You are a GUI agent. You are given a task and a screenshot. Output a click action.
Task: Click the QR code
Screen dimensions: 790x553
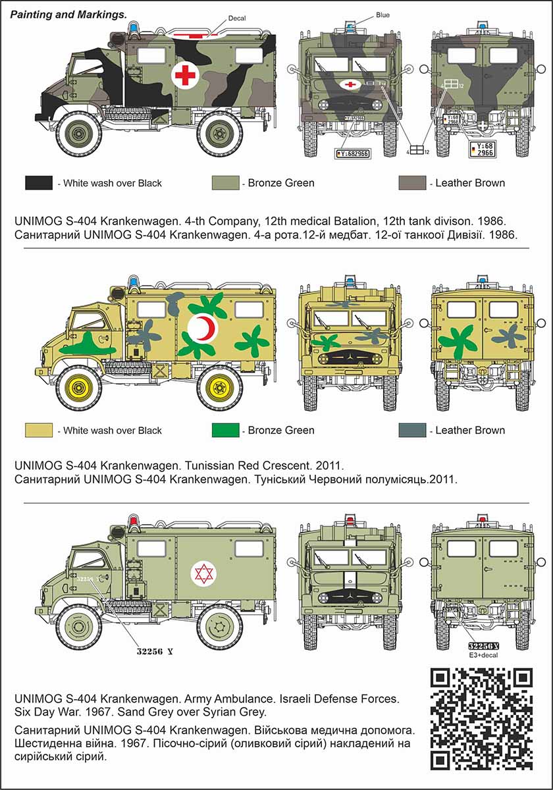pyautogui.click(x=481, y=719)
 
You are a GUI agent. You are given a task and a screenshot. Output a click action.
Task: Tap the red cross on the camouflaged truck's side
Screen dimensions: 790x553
pyautogui.click(x=185, y=76)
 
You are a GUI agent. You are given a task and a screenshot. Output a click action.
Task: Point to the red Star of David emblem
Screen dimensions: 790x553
pyautogui.click(x=203, y=573)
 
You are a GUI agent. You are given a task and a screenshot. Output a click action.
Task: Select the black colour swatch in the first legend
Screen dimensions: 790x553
pyautogui.click(x=39, y=183)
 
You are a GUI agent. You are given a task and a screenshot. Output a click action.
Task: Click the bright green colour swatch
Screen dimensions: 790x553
pyautogui.click(x=225, y=431)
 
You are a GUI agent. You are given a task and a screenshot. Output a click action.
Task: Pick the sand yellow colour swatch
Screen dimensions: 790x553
pyautogui.click(x=39, y=431)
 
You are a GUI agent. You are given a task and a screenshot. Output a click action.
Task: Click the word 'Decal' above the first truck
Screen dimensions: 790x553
pyautogui.click(x=236, y=18)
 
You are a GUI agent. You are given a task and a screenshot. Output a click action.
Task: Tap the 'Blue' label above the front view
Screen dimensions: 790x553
pyautogui.click(x=383, y=14)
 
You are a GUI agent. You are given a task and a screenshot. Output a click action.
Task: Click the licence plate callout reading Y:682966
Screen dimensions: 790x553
pyautogui.click(x=353, y=153)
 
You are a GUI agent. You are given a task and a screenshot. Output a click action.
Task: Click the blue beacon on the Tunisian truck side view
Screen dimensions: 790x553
pyautogui.click(x=134, y=282)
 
